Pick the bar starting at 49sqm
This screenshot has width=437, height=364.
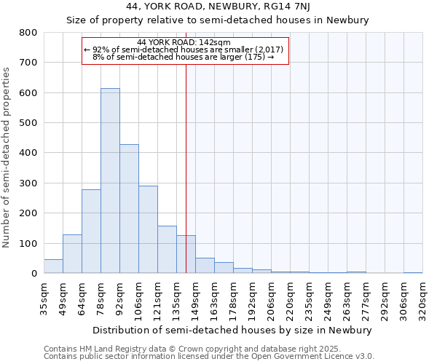(72, 254)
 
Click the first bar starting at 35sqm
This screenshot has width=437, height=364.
(53, 266)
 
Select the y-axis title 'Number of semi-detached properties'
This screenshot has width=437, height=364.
(7, 157)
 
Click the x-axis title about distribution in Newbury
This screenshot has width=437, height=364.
(232, 330)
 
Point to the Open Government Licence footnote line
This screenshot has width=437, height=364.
(209, 357)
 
